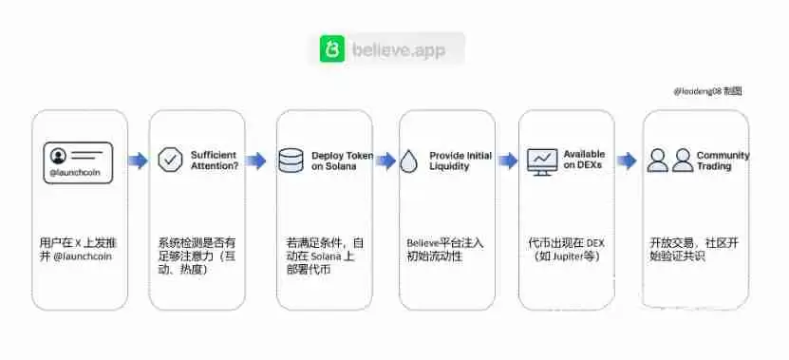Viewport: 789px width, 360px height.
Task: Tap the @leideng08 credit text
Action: click(707, 91)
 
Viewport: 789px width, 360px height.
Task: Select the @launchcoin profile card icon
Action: click(78, 161)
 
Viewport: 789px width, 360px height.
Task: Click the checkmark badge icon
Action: click(170, 160)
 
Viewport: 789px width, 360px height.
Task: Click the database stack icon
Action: click(291, 161)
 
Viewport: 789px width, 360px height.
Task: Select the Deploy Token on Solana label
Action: click(342, 161)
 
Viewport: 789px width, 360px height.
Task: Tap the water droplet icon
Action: click(409, 161)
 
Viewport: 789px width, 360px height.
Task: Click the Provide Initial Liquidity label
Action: click(460, 161)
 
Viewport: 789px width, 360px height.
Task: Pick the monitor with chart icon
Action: click(542, 161)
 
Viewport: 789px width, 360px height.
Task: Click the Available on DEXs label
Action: click(584, 160)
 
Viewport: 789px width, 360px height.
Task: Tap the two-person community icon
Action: click(669, 161)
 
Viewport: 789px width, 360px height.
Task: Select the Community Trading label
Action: click(723, 161)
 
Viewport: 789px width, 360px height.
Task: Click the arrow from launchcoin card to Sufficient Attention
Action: click(139, 161)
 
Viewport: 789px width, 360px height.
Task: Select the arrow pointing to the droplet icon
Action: click(385, 161)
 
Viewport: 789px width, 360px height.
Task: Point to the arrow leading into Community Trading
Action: click(627, 161)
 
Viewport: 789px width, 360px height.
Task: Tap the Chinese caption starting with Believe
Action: click(445, 250)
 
